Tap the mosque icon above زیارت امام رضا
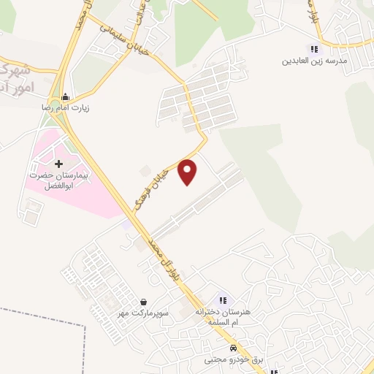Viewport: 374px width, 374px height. click(66, 96)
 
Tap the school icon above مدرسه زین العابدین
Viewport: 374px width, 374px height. click(314, 49)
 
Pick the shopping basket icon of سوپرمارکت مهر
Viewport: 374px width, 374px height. click(144, 302)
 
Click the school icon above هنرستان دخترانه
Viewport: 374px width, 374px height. click(223, 299)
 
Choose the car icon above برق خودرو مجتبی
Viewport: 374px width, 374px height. click(232, 348)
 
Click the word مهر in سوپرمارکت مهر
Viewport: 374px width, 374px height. click(128, 313)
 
